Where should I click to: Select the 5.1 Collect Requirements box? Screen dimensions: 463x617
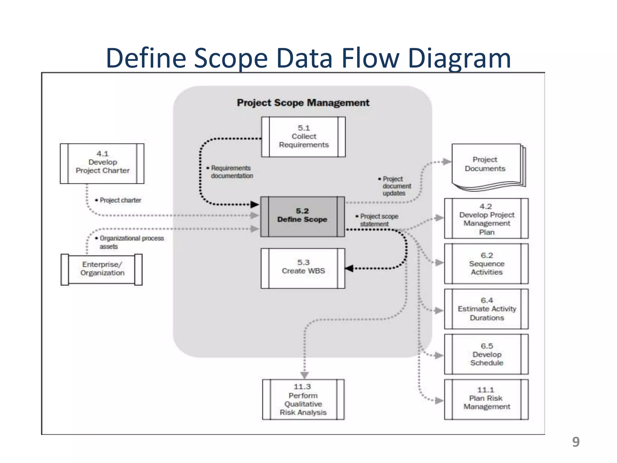coord(303,137)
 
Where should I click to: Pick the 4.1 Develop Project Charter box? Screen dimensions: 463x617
coord(102,163)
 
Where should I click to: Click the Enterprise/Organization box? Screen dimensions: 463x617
coord(102,269)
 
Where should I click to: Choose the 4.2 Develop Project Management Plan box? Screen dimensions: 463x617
coord(486,219)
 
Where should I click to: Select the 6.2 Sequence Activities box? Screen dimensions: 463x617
coord(486,264)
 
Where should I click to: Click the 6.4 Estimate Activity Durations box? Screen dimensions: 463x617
coord(486,309)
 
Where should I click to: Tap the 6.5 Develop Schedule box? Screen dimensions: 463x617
coord(486,354)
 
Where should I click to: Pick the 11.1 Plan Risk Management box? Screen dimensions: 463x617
coord(486,399)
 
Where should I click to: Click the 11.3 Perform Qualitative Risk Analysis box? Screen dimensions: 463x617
coord(303,399)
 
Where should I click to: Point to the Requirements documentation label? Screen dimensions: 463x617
coord(231,172)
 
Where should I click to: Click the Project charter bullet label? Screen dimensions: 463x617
coord(120,200)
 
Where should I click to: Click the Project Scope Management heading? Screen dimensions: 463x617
coord(303,103)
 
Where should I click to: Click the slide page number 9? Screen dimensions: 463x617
coord(576,442)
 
